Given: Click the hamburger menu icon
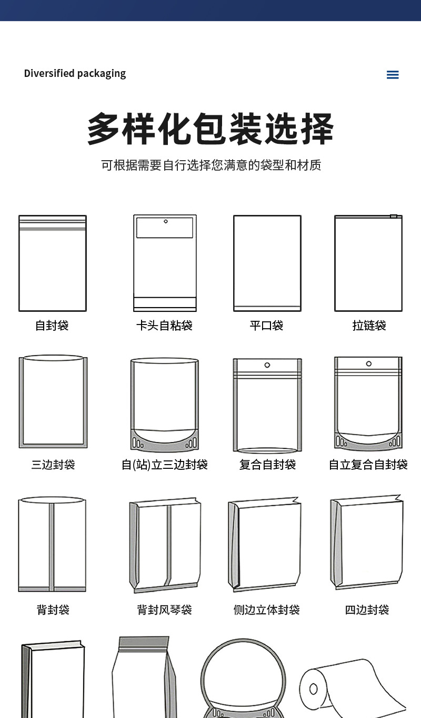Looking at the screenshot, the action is coord(393,75).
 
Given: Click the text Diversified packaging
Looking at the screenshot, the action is coord(75,73).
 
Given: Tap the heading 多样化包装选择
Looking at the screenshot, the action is coord(210,129).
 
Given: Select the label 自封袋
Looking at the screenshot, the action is coord(52,326).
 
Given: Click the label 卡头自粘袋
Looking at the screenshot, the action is coord(164,326).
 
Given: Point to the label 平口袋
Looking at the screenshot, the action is coord(266,326).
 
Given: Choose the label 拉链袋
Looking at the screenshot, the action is coord(369,326).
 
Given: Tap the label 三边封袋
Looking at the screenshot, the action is coord(53,465).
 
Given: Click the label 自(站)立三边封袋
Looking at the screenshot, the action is coord(164,465).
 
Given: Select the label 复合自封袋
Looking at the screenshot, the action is coord(267,465).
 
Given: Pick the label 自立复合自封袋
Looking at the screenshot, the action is coord(368,465).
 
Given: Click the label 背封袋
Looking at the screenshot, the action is coord(53,609).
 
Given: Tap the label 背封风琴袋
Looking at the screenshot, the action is coord(164,609).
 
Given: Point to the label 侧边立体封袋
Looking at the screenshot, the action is coord(266,609).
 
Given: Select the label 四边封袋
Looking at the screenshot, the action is coord(367,609).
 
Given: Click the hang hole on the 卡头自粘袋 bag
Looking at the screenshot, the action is coord(165,221).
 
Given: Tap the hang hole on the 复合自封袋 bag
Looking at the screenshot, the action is coord(267,365).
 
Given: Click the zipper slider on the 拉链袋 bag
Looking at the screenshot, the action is coord(393,216).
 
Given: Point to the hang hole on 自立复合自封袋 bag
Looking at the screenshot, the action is coord(368,363).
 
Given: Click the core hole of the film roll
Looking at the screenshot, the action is coord(314,689).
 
